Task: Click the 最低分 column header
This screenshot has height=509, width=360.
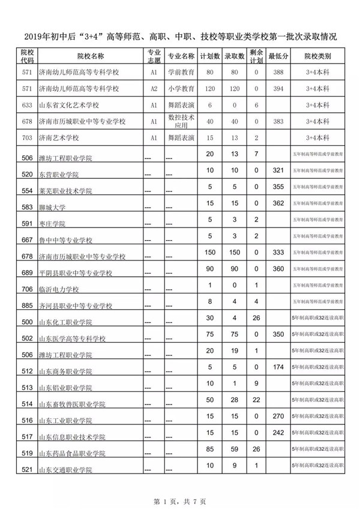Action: [279, 56]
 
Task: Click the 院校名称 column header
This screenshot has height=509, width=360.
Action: [90, 56]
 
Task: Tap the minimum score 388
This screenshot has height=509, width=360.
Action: [278, 72]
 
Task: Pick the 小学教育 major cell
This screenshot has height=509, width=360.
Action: [181, 88]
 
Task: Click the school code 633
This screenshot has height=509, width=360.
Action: [26, 105]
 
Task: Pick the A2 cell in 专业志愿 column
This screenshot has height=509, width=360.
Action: [154, 88]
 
